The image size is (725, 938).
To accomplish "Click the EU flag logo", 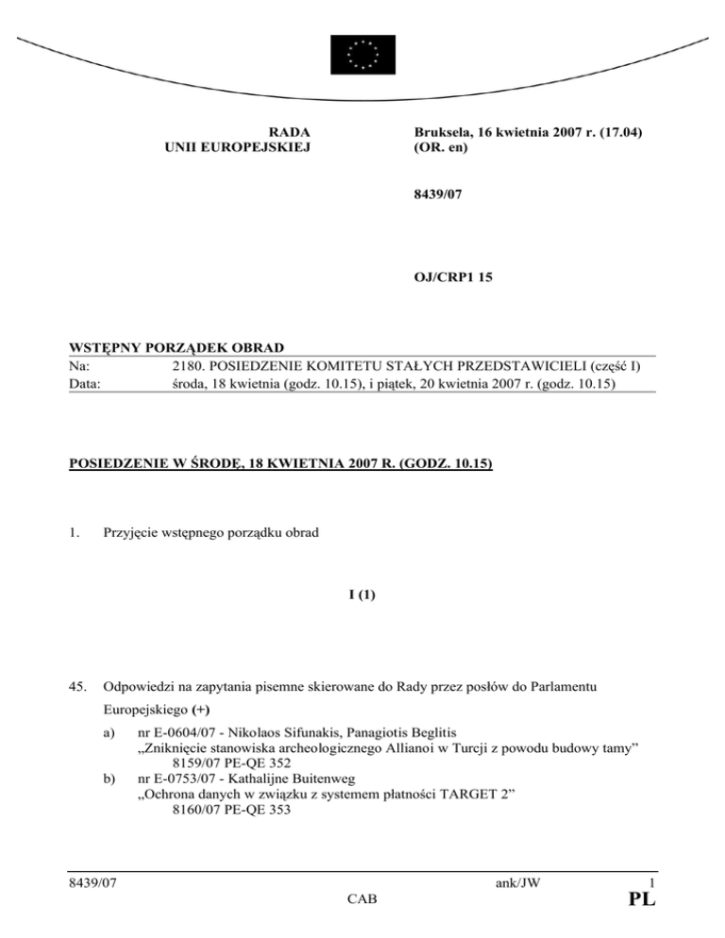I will (362, 54).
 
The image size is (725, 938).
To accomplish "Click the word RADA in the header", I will (290, 133).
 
